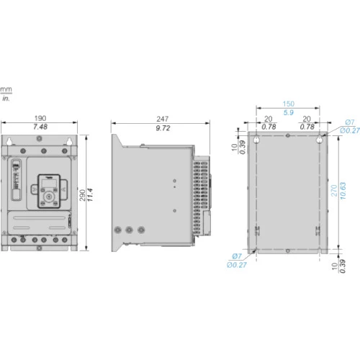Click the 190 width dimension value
[x=40, y=118]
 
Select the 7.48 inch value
[x=40, y=127]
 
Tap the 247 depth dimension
[x=163, y=119]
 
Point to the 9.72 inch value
[x=163, y=128]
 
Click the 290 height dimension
[x=83, y=195]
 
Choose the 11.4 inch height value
[x=90, y=195]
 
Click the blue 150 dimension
[x=288, y=104]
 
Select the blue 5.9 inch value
[x=289, y=112]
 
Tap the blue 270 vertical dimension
[x=334, y=191]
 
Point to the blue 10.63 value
[x=343, y=191]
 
